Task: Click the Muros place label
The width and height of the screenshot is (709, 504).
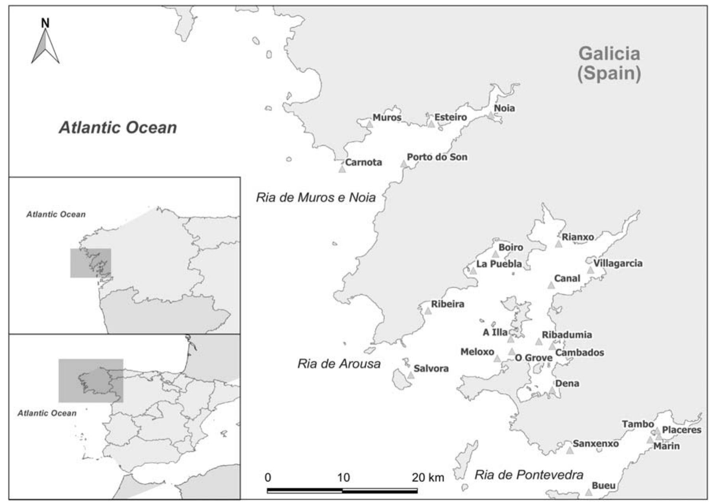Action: (387, 118)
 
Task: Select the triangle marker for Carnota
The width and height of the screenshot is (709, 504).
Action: (342, 169)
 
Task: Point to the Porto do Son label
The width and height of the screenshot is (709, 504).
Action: (437, 157)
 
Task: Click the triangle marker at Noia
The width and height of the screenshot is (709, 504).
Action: (491, 116)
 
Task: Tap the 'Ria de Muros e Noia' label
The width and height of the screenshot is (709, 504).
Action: (315, 197)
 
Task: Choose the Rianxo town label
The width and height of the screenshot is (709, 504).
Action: (578, 237)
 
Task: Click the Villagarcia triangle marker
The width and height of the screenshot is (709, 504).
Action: (590, 271)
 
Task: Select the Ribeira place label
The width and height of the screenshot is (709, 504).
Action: (448, 304)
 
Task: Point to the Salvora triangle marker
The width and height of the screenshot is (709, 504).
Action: (411, 375)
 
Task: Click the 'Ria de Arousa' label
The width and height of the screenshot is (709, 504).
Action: (339, 364)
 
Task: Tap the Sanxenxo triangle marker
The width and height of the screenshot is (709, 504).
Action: (569, 450)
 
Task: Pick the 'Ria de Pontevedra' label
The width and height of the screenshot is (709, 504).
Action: (529, 475)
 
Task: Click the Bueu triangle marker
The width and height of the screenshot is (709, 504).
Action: (588, 493)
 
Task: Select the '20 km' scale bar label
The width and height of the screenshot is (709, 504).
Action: (428, 478)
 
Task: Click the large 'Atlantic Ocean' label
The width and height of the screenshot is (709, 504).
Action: (118, 127)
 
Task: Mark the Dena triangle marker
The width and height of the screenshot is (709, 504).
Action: (552, 390)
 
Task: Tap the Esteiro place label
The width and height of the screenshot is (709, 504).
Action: (450, 117)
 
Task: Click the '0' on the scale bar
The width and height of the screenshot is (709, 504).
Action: (268, 478)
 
